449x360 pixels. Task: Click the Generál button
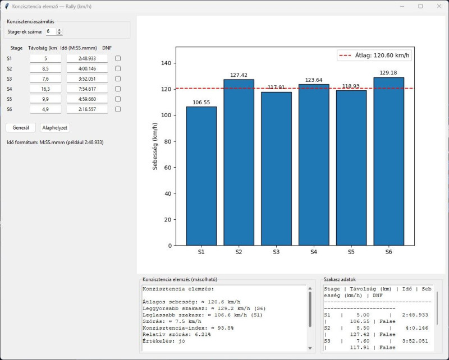(21, 128)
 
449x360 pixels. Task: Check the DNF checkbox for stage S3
(118, 79)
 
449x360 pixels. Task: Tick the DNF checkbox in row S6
(118, 109)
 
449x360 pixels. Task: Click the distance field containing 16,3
(45, 89)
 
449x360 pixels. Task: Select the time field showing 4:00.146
(87, 68)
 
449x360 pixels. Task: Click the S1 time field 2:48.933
(87, 58)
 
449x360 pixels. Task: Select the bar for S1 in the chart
(201, 176)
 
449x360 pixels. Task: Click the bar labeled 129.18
(388, 161)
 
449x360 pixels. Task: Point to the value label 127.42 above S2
(239, 75)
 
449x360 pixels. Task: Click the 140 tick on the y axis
(166, 63)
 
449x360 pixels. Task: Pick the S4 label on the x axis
(314, 252)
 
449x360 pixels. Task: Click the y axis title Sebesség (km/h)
(155, 146)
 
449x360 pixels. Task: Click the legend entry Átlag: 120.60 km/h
(374, 55)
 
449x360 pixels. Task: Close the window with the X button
(439, 6)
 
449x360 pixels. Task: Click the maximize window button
(420, 6)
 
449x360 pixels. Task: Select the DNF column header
(107, 48)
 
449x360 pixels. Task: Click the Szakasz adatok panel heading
(340, 279)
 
